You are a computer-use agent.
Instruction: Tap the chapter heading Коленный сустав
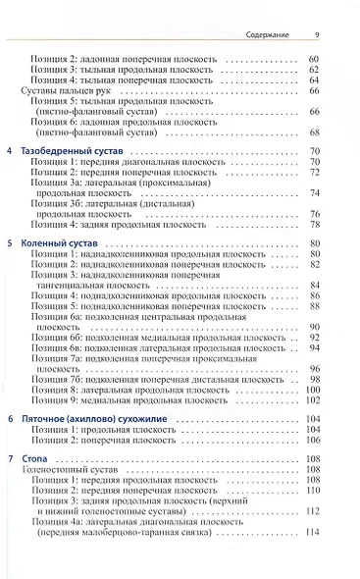pyautogui.click(x=63, y=241)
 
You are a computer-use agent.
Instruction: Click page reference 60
pyautogui.click(x=315, y=60)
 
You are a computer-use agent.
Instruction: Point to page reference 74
pyautogui.click(x=315, y=193)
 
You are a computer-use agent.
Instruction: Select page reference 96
pyautogui.click(x=315, y=368)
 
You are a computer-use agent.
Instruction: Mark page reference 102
pyautogui.click(x=313, y=400)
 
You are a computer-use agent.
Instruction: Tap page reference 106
pyautogui.click(x=313, y=441)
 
